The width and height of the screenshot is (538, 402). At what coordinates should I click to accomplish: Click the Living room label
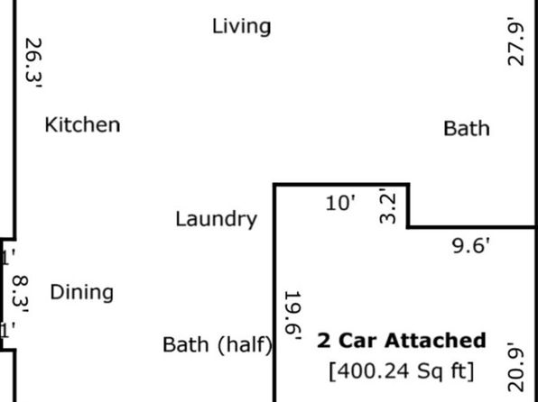[x=242, y=27]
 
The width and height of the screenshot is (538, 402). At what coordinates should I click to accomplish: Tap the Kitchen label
[x=82, y=124]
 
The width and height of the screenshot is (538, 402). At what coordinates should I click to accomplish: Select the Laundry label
[x=216, y=220]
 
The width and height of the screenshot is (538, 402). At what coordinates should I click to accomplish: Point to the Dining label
[x=81, y=293]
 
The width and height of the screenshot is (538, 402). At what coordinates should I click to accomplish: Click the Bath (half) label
[x=218, y=345]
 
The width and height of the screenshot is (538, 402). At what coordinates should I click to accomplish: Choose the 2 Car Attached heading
[x=402, y=341]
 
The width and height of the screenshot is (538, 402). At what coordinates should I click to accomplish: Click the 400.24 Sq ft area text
[x=402, y=371]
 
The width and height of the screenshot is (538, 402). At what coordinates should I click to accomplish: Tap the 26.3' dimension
[x=33, y=63]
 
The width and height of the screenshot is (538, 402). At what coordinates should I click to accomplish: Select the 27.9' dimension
[x=515, y=41]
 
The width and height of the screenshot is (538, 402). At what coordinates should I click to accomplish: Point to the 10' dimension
[x=340, y=203]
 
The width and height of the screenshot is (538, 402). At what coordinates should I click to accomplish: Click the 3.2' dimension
[x=388, y=206]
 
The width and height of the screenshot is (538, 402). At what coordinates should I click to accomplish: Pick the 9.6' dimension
[x=471, y=246]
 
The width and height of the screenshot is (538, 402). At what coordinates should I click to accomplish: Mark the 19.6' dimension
[x=293, y=315]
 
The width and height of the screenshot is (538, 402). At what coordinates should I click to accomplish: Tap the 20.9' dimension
[x=515, y=367]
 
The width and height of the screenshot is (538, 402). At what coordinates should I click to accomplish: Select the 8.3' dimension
[x=20, y=295]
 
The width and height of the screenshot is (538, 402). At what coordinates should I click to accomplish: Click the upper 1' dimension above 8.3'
[x=8, y=258]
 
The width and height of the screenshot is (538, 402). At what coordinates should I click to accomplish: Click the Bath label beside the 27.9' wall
[x=467, y=129]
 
